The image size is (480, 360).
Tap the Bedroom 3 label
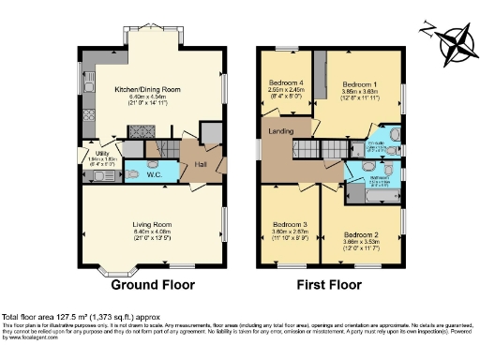tap(291, 225)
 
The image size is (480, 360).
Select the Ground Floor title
tap(150, 284)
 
